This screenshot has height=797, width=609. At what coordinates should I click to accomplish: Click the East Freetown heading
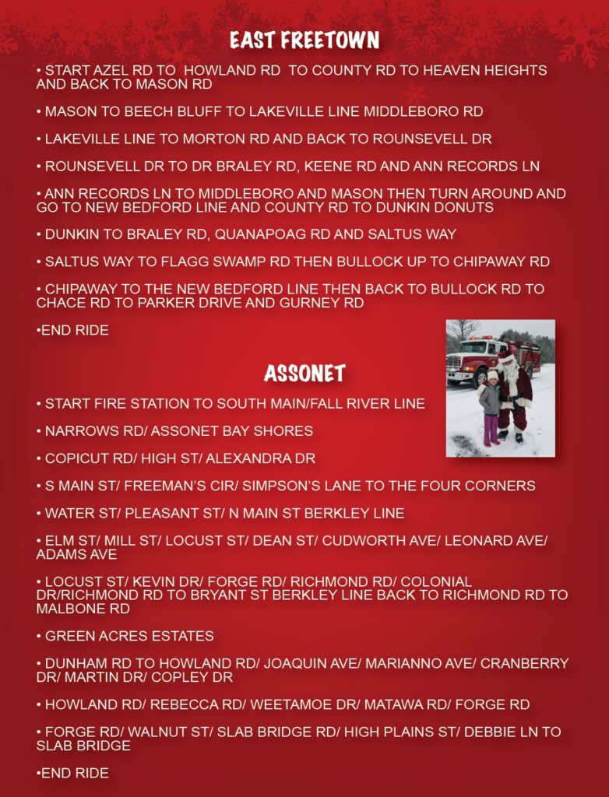pyautogui.click(x=304, y=40)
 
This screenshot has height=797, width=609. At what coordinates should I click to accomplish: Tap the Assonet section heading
pyautogui.click(x=304, y=374)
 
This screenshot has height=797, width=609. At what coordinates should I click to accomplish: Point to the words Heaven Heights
pyautogui.click(x=494, y=71)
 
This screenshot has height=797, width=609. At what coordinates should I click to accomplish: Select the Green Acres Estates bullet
pyautogui.click(x=129, y=637)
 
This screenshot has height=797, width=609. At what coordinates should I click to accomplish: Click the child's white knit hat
pyautogui.click(x=492, y=375)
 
